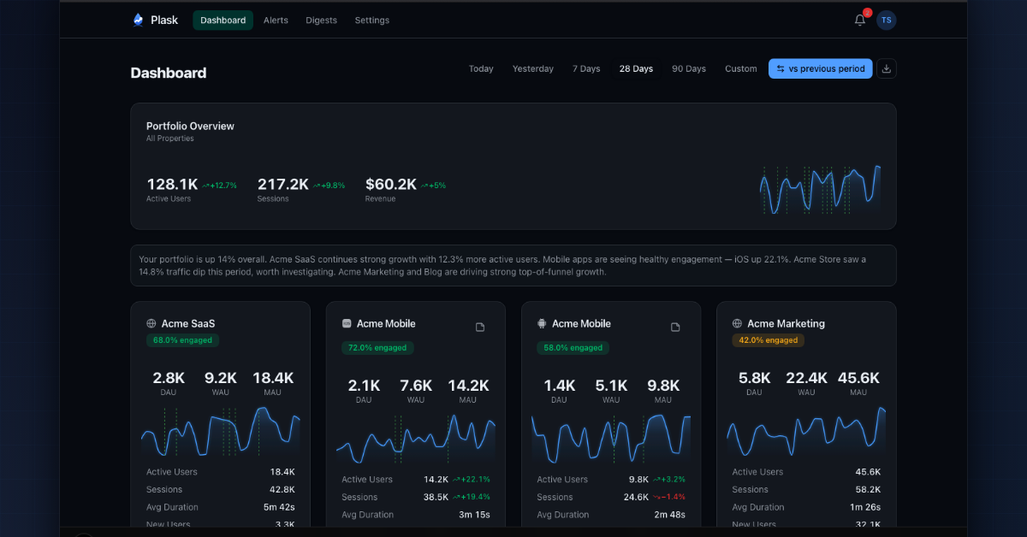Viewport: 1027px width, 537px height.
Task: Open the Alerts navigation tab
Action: [276, 21]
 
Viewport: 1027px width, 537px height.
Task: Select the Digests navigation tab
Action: [321, 21]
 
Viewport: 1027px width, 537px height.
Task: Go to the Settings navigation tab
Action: [371, 21]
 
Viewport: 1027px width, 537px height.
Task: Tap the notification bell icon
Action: [860, 21]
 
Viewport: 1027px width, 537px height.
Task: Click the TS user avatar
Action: [887, 21]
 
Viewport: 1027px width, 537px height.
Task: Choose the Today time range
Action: [481, 69]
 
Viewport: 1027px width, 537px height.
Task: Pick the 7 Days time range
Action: [586, 69]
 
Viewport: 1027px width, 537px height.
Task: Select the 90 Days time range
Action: [689, 69]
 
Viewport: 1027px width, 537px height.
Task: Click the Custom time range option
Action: [740, 69]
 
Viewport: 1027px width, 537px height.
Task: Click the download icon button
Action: [887, 69]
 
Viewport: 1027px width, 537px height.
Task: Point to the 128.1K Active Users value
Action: [172, 184]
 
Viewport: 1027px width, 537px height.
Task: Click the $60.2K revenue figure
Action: [391, 184]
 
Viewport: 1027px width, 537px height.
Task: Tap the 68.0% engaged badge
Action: [182, 340]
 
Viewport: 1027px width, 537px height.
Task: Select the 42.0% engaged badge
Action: [768, 340]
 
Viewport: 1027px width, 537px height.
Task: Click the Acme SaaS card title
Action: [188, 324]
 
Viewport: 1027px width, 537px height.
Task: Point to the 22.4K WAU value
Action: [806, 378]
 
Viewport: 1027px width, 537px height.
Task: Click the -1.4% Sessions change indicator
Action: [670, 497]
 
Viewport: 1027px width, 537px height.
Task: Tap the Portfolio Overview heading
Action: [190, 126]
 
